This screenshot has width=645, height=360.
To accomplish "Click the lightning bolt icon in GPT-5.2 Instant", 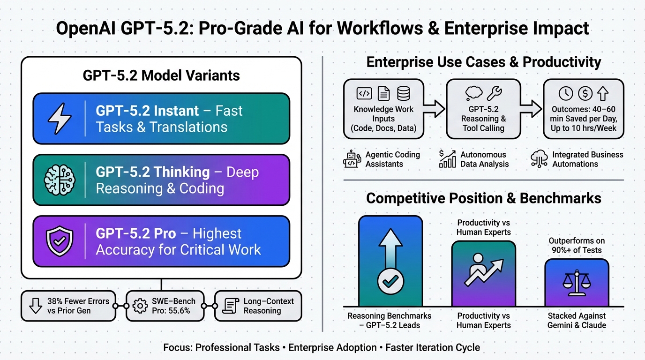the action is coord(60,119).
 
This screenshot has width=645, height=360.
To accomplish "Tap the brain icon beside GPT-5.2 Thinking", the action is coord(60,180).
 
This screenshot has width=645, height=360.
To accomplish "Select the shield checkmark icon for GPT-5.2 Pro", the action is coord(60,241).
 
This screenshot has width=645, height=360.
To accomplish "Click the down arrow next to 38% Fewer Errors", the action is coord(36,306).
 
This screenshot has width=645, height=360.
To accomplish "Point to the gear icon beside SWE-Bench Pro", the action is coord(140,306).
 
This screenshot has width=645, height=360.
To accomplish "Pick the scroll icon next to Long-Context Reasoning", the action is coord(231,306).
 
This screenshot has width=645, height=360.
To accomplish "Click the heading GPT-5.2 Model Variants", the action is coord(161,75).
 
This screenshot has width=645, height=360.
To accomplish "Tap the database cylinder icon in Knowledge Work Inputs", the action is coord(404,93).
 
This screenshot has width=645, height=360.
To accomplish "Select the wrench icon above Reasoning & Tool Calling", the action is coord(495,93).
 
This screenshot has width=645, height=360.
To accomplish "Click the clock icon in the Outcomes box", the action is coord(566,94).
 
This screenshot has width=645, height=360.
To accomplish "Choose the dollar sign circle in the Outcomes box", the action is coord(585,94).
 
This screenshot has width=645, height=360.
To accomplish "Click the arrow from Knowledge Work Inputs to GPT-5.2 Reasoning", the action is coord(435,109).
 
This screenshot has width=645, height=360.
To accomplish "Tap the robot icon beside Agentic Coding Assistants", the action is coord(352,159).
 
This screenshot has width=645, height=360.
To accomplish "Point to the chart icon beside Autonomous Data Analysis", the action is coord(448,159).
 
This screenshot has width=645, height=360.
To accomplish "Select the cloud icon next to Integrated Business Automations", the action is coord(540,159).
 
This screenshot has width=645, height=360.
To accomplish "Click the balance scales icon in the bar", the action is coord(577,283).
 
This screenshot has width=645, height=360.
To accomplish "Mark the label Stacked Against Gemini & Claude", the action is coord(577,321).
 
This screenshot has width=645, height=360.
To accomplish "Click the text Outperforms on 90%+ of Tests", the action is coord(577,245).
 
